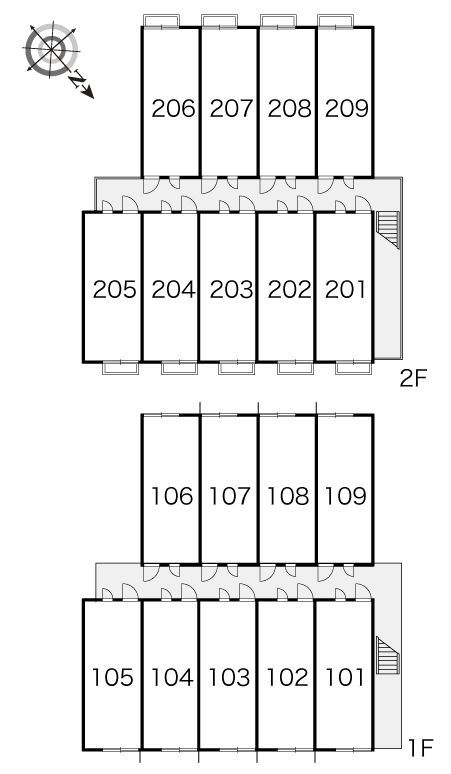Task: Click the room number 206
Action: pos(173,109)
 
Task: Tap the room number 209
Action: pos(346,109)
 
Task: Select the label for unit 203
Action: pos(231,289)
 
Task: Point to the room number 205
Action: pos(114,289)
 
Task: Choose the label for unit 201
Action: pos(345,289)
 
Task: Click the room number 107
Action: pos(229,496)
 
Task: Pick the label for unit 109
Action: pos(345,496)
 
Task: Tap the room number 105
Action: pos(113,677)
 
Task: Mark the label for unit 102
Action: pos(287,677)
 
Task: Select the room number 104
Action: pos(172,677)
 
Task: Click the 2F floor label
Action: pos(413,379)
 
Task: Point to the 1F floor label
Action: pos(420,749)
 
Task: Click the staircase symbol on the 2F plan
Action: pos(388,230)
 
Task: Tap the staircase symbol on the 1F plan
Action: pos(388,655)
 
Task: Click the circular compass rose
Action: pos(52,50)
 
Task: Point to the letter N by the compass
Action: pos(77,79)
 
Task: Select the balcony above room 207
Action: pos(219,21)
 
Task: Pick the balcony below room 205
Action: pos(120,368)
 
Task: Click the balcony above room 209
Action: pos(336,21)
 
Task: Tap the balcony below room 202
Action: pos(295,368)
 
